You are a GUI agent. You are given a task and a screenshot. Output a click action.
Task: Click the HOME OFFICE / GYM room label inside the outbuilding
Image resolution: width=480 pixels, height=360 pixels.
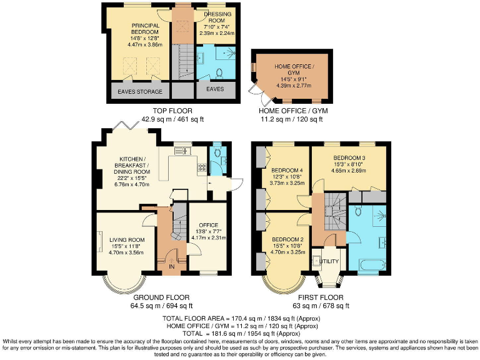(x=293, y=70)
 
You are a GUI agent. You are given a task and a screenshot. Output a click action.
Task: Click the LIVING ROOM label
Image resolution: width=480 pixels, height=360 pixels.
(x=127, y=239)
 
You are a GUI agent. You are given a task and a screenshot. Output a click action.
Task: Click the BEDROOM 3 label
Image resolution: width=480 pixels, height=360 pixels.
(x=349, y=157)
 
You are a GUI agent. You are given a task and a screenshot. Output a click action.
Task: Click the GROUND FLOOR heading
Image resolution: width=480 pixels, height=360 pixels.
(x=154, y=298)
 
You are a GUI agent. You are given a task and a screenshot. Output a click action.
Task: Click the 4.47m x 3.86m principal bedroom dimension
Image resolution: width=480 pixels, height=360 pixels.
(x=145, y=45)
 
